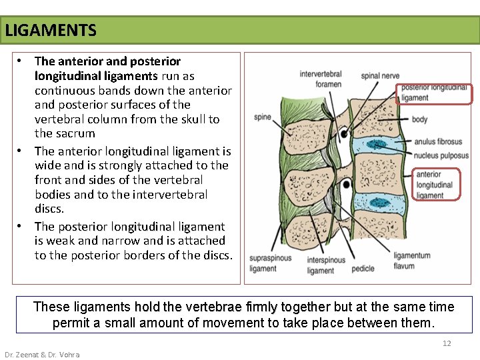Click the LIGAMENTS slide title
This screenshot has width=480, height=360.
point(51,31)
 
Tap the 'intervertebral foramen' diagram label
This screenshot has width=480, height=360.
point(321,79)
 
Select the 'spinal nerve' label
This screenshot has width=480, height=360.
point(380,76)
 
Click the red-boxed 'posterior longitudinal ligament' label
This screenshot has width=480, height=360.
point(434,93)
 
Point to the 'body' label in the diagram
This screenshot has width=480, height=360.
point(420,120)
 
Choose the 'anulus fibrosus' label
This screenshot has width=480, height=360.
point(438,142)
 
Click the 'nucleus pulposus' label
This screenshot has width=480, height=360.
point(441,155)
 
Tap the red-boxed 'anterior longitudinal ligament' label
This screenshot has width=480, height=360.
point(434,185)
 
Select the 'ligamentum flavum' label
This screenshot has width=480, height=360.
point(412,261)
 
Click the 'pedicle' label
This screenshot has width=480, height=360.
point(363,268)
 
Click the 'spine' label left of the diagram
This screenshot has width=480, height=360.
point(263,117)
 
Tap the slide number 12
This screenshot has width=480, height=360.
point(447,343)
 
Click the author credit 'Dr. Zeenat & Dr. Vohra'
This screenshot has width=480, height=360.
point(42,355)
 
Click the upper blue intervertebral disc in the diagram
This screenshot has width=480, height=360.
point(377,145)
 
